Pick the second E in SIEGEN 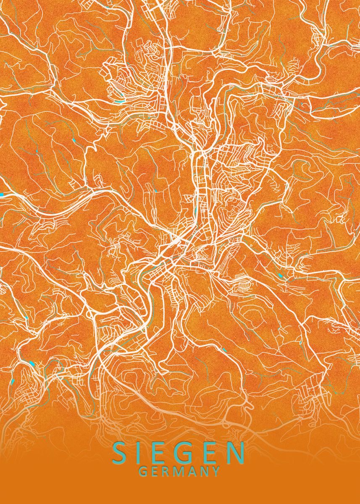(212, 454)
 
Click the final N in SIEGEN (235, 454)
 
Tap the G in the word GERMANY (143, 472)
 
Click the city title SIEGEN (179, 454)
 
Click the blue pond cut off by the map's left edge (1, 194)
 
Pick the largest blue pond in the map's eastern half (280, 276)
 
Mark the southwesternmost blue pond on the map (13, 381)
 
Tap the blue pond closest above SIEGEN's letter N (224, 349)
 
